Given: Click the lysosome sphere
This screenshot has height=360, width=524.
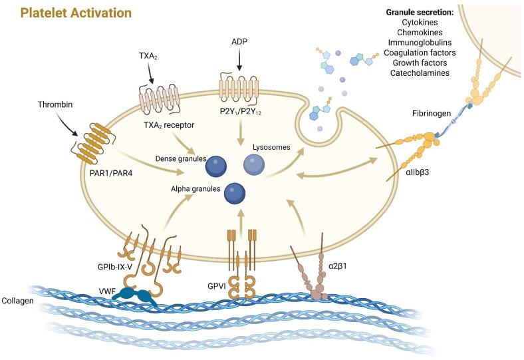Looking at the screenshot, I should point(257,162).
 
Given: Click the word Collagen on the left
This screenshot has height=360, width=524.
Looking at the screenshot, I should point(21,301).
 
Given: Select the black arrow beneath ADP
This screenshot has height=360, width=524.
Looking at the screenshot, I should point(239,63).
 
